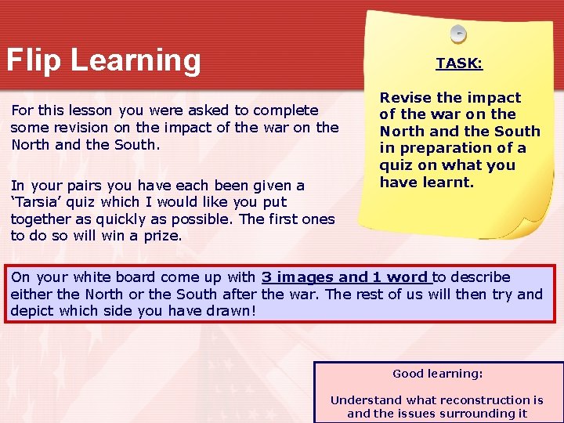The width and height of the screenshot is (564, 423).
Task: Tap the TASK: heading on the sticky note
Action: click(459, 63)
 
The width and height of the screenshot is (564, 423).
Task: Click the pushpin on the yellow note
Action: click(458, 34)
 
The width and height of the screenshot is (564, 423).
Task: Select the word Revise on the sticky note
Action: click(406, 98)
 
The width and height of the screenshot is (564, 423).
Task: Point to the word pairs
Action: click(74, 186)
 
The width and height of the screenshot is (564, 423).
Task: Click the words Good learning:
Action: click(438, 374)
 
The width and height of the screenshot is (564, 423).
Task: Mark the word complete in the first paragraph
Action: click(286, 110)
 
